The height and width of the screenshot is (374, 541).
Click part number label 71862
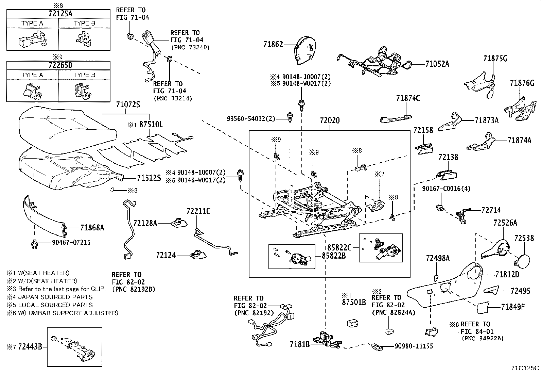[273, 44]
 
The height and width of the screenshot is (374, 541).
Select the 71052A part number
[437, 64]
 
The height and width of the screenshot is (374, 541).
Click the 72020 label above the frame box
[330, 121]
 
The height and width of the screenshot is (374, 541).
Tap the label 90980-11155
[414, 346]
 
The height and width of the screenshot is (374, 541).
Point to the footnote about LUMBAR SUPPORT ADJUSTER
[62, 313]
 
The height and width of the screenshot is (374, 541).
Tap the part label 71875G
[495, 59]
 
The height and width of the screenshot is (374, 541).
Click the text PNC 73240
[190, 47]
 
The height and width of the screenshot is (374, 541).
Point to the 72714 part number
[491, 210]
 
